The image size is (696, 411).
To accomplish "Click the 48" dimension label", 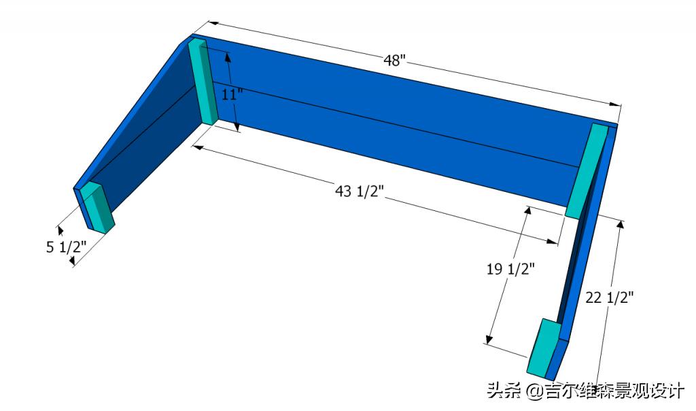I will click(x=394, y=61).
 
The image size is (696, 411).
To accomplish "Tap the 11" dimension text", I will click(x=232, y=94).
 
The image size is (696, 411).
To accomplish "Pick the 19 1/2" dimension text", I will click(x=510, y=269).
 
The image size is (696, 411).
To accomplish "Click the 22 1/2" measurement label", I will click(x=609, y=297).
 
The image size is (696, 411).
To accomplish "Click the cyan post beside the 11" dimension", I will click(x=203, y=82).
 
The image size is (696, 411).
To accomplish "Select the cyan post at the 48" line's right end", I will click(x=585, y=170).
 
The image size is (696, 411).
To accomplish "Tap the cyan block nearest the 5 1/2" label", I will click(x=97, y=207).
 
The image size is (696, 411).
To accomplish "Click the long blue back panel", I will click(x=401, y=129).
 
